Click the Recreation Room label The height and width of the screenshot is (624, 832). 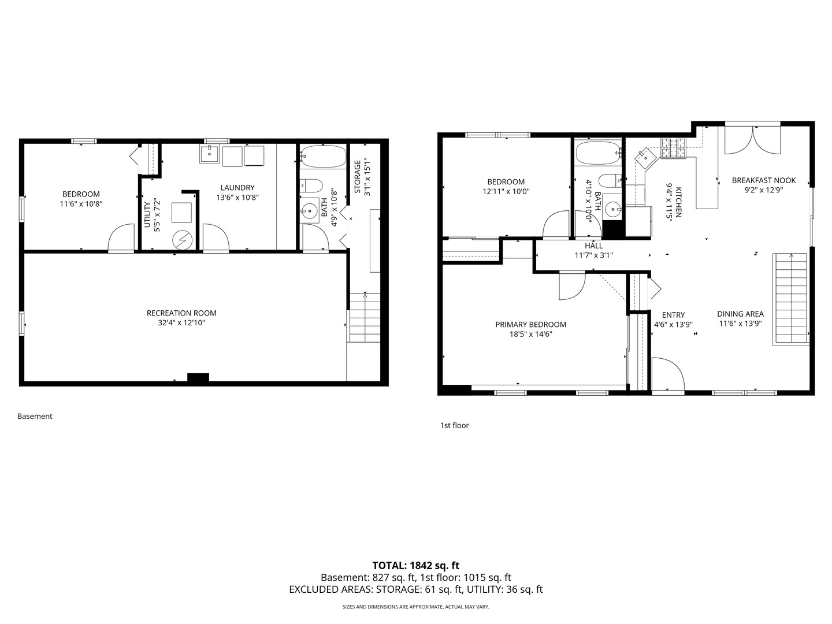[181, 313]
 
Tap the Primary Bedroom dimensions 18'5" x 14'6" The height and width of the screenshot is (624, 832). [530, 334]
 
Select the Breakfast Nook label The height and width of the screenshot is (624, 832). [763, 180]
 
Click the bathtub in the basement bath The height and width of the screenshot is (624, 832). [324, 157]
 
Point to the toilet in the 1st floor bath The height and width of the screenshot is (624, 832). [611, 181]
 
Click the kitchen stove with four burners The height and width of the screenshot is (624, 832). [674, 148]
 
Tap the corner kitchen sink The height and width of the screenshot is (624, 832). [646, 158]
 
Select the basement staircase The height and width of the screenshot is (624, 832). [365, 318]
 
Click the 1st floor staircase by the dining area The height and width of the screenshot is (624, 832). [791, 299]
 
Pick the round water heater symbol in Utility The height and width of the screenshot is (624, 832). [183, 240]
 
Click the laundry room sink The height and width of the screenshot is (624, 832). [210, 154]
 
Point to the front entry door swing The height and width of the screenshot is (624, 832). [668, 374]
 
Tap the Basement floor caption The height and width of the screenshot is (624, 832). [35, 417]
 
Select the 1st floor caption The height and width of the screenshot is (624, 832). [455, 425]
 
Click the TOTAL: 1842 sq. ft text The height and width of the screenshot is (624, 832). [416, 566]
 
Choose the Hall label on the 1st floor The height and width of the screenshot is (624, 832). [593, 246]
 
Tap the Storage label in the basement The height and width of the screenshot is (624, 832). [358, 177]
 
